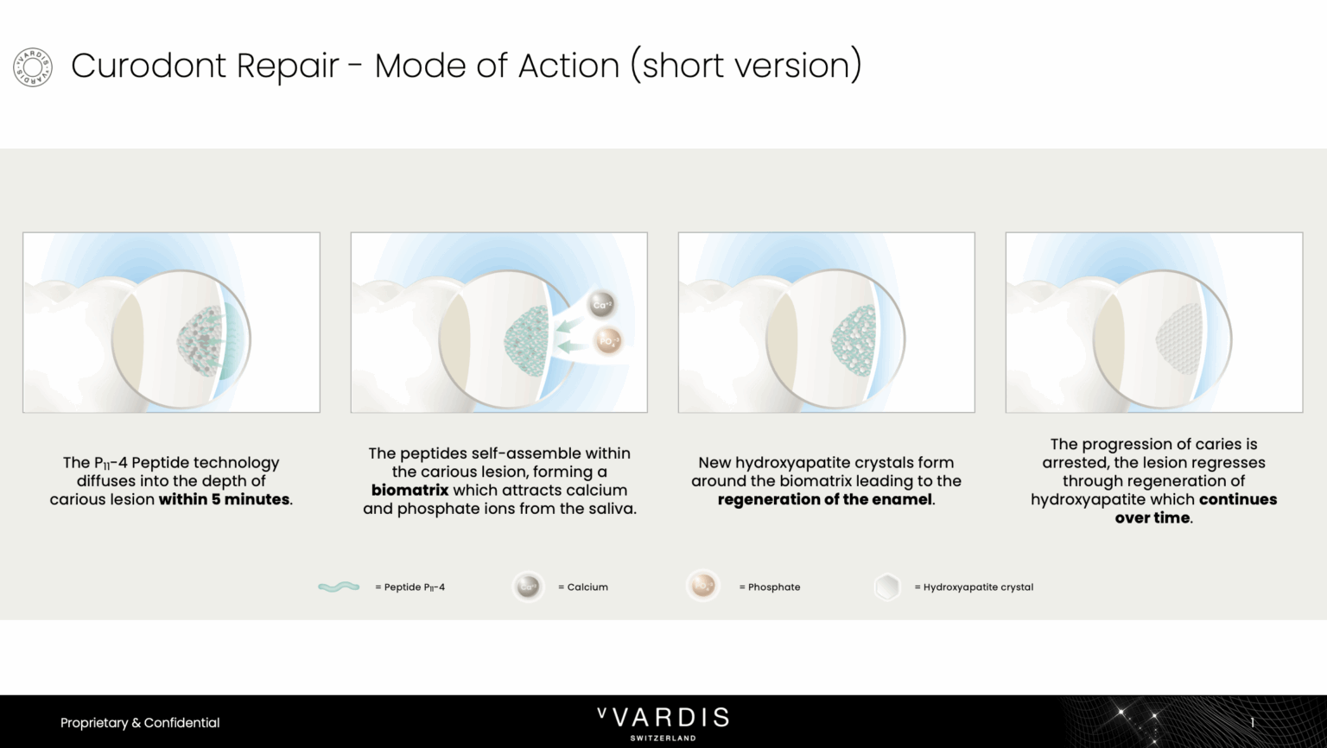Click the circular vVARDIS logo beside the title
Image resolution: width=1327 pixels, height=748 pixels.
pos(33,67)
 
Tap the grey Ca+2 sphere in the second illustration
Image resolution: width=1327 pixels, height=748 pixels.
pos(602,305)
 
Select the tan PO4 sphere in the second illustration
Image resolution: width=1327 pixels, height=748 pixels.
pos(608,341)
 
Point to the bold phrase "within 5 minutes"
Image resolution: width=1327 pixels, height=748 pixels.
pos(224,499)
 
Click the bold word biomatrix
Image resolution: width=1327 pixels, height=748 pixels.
pos(410,491)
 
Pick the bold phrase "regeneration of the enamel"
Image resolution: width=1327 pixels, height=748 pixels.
pos(824,499)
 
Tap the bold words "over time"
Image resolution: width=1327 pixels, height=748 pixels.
pos(1152,517)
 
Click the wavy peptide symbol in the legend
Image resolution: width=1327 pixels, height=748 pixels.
pos(339,586)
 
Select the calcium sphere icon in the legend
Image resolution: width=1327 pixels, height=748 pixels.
pos(528,586)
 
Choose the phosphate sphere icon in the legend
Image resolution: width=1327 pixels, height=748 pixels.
pos(703,586)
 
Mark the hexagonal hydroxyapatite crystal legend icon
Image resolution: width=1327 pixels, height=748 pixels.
pos(887,586)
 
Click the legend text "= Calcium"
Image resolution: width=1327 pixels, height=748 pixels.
pos(583,586)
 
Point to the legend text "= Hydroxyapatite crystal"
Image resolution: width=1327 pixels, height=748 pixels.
pos(974,586)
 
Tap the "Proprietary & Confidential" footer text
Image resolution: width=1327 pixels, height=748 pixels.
pos(140,723)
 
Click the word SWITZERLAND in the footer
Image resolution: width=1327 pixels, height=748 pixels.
pos(663,738)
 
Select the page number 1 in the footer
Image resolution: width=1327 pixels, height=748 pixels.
pos(1252,723)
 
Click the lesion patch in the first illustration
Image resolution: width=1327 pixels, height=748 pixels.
pos(200,340)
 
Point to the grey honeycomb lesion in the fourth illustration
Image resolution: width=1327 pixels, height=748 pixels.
pos(1179,339)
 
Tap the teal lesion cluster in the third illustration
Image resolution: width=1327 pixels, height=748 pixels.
pos(853,340)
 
